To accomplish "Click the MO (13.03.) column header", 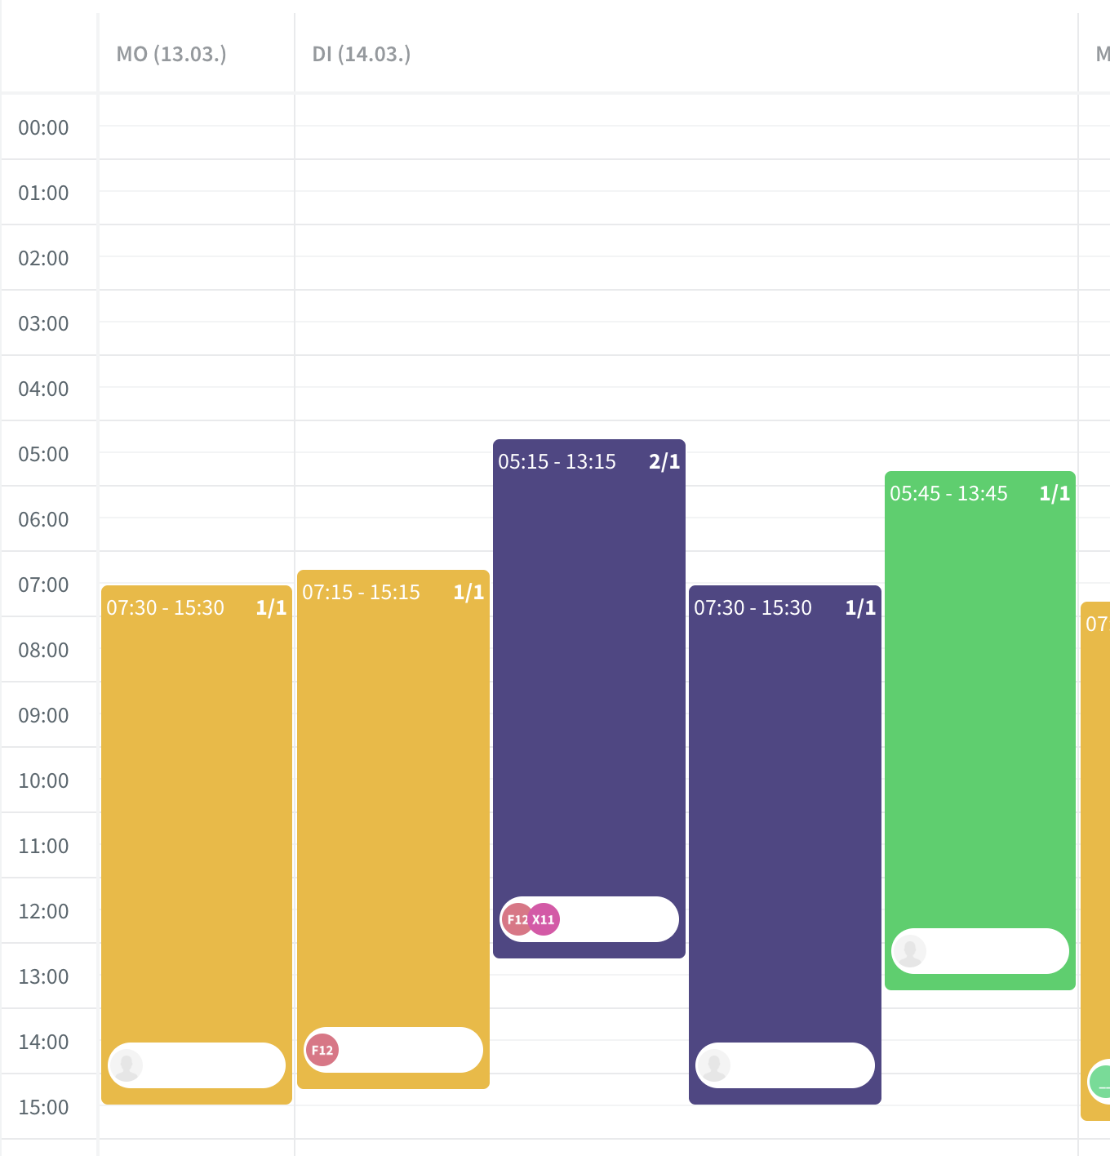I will click(171, 55).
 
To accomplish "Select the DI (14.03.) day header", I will click(362, 55).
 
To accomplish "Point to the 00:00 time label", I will click(44, 128).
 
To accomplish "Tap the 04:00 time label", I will click(44, 389).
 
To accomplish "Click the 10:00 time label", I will click(44, 781).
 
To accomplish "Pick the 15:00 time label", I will click(44, 1108).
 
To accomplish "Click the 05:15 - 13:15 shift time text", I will click(557, 462).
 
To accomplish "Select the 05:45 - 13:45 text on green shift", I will click(948, 494).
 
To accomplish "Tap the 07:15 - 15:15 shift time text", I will click(361, 593).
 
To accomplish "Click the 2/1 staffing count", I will click(664, 462).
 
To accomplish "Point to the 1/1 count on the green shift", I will click(1054, 494).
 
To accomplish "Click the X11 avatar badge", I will click(544, 919).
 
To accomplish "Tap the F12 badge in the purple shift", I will click(517, 919).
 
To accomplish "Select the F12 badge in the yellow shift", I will click(322, 1050).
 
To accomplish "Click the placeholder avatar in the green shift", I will click(909, 951).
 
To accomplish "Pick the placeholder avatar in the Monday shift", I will click(127, 1065).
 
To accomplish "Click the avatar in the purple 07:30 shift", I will click(714, 1065).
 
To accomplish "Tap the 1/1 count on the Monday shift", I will click(271, 608).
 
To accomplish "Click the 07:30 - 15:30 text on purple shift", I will click(753, 608).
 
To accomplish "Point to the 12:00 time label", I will click(44, 912).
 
